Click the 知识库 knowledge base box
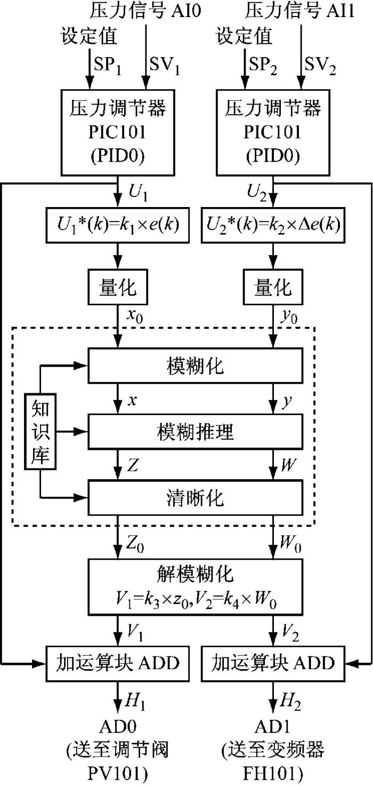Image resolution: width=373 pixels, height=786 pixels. pyautogui.click(x=40, y=431)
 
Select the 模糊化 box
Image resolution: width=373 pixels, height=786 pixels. pyautogui.click(x=195, y=366)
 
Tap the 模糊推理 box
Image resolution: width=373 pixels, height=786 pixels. pyautogui.click(x=195, y=432)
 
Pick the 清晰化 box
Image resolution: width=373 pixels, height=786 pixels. pyautogui.click(x=195, y=498)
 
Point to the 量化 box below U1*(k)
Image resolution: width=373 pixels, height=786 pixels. pyautogui.click(x=118, y=287)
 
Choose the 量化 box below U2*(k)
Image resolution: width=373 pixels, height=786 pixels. pyautogui.click(x=273, y=287)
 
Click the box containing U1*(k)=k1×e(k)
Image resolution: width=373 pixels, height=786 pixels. pyautogui.click(x=118, y=225)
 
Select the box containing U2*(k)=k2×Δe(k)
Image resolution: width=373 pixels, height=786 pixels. pyautogui.click(x=273, y=225)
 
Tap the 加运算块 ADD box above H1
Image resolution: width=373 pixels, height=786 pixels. pyautogui.click(x=118, y=664)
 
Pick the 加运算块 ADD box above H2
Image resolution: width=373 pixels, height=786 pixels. pyautogui.click(x=273, y=664)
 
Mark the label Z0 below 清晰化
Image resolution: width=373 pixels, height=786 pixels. pyautogui.click(x=135, y=544)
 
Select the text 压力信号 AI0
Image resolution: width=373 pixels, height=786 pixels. pyautogui.click(x=145, y=11)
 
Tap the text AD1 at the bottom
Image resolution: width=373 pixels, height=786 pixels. pyautogui.click(x=272, y=727)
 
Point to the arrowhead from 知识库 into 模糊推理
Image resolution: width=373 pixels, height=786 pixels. pyautogui.click(x=83, y=431)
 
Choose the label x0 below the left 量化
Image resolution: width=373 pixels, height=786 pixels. pyautogui.click(x=135, y=316)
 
